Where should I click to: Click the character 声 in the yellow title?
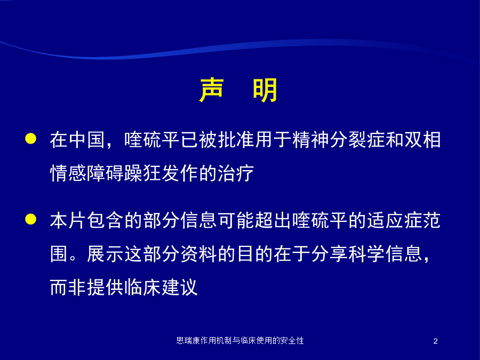(211, 90)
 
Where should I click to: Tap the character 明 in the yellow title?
(265, 90)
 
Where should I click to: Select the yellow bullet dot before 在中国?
(30, 138)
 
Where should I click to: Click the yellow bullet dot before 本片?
(30, 219)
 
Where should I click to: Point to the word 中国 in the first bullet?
(86, 140)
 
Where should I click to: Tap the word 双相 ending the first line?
(422, 140)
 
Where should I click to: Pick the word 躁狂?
(142, 173)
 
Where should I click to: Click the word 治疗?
(236, 173)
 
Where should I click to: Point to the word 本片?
(68, 220)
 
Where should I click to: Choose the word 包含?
(105, 220)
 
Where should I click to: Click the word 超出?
(273, 220)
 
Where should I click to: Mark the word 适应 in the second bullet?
(385, 220)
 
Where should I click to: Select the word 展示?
(105, 254)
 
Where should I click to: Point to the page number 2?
(436, 341)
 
